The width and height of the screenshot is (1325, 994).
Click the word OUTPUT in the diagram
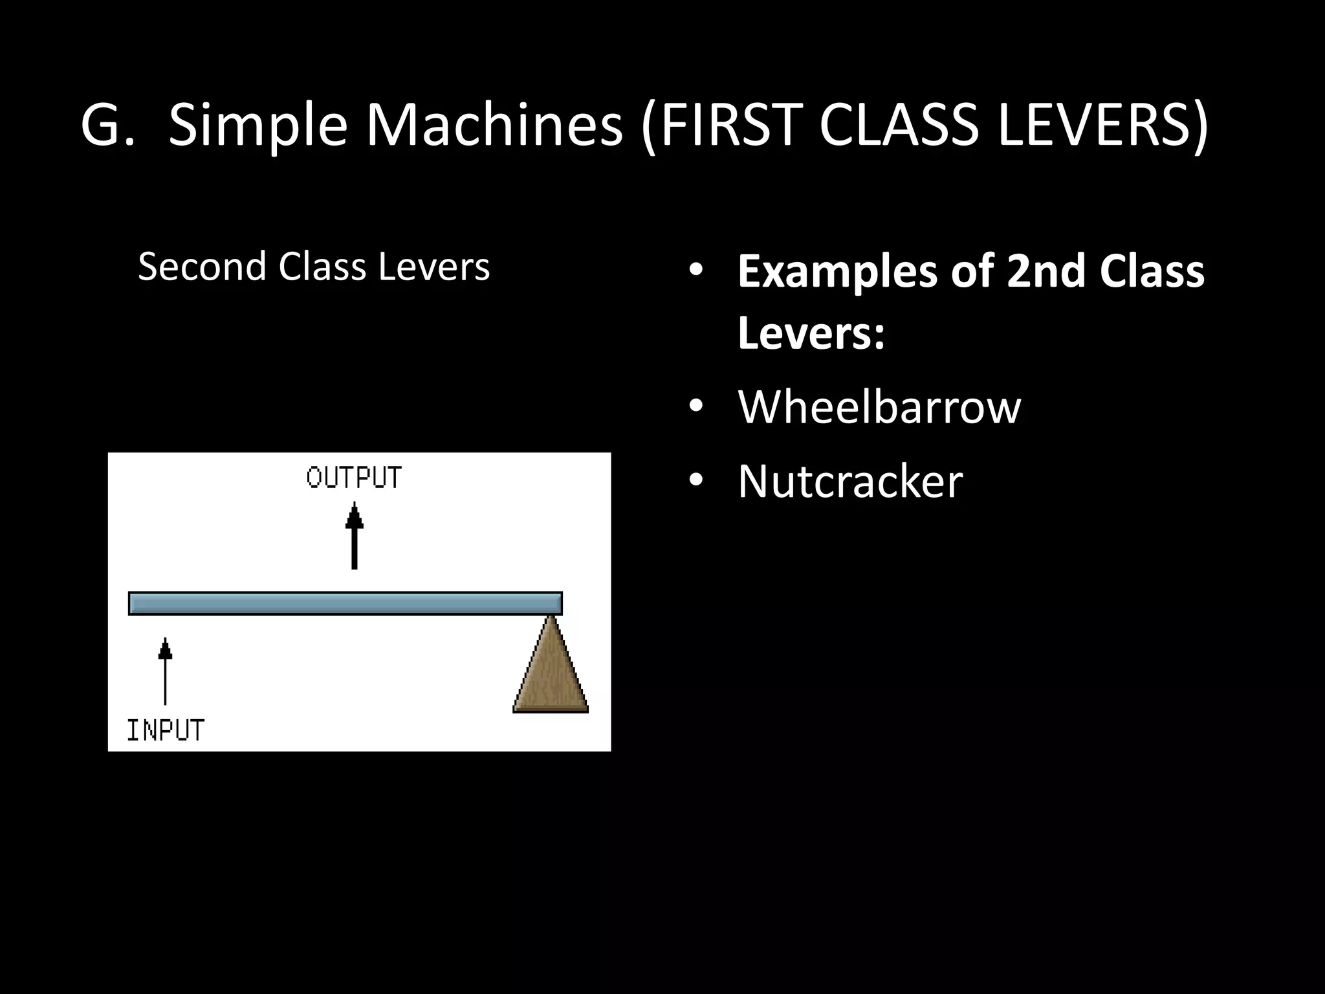[x=354, y=478]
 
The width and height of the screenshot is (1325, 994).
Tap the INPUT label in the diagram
[x=166, y=730]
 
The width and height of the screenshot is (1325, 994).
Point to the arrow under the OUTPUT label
[x=355, y=536]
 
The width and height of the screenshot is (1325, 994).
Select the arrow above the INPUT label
[x=166, y=671]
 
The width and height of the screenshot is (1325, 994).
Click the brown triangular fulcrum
[x=551, y=673]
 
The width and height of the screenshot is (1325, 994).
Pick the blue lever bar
[x=345, y=603]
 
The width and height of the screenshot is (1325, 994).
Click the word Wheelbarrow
[x=879, y=407]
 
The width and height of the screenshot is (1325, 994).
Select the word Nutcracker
[x=850, y=481]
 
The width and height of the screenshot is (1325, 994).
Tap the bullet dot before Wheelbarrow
[x=695, y=407]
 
